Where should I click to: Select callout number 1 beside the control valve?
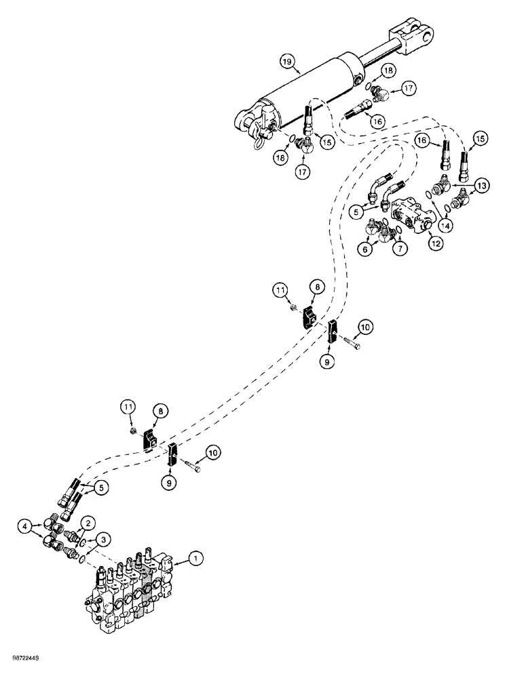pyautogui.click(x=195, y=559)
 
